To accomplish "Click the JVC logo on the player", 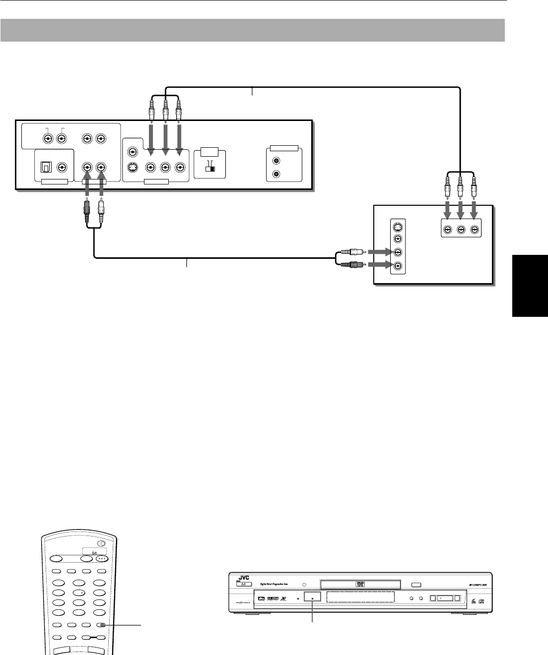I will click(x=242, y=577).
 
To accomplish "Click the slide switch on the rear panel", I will click(x=210, y=168).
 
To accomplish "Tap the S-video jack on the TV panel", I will click(x=397, y=228).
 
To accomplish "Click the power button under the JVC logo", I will click(x=242, y=584).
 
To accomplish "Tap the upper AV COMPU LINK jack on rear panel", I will click(x=276, y=161).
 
